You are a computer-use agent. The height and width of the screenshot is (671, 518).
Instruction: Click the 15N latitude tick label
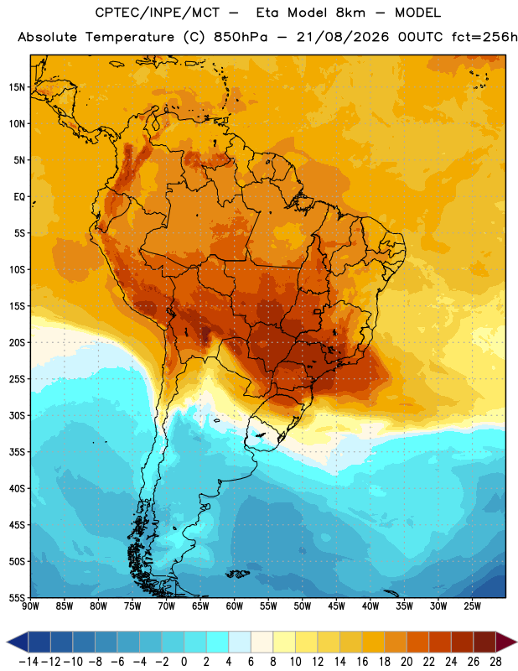tap(17, 87)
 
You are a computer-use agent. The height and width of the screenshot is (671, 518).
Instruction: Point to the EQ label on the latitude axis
tap(19, 197)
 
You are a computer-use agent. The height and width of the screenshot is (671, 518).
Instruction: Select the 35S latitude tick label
tap(17, 452)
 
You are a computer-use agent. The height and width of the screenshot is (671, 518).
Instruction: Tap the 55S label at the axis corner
tap(17, 597)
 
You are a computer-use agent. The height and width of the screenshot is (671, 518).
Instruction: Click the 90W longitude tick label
tap(30, 606)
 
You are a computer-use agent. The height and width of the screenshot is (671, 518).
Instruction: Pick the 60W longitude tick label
tap(235, 606)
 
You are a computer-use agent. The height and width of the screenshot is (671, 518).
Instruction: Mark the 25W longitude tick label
tap(472, 606)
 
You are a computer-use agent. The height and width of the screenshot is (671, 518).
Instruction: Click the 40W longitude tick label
tap(370, 606)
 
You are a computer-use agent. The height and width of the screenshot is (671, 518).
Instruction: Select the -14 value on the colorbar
tap(28, 662)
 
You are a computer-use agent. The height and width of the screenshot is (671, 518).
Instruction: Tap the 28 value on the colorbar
tap(495, 662)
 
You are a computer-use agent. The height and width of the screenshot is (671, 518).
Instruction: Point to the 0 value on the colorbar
tap(184, 662)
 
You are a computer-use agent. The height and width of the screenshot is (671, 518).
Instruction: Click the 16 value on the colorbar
tap(362, 662)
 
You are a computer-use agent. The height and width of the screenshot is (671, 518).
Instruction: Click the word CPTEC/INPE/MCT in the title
tap(158, 13)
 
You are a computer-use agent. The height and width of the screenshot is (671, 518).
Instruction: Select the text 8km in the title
tap(350, 13)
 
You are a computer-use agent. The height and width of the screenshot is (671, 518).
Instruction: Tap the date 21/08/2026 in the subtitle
tap(343, 37)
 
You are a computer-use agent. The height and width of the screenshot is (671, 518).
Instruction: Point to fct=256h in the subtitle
tap(484, 37)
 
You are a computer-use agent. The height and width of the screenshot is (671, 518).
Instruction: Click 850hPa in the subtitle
tap(241, 37)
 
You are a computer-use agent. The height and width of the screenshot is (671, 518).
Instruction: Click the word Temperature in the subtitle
tap(130, 38)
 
